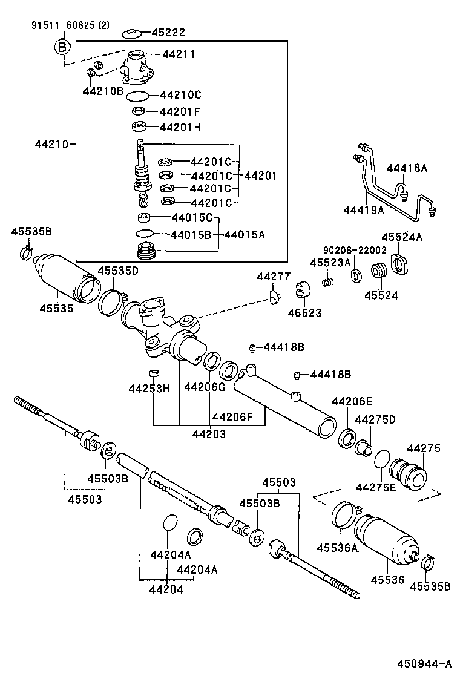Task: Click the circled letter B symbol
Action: [x=62, y=47]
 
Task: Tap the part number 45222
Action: [x=168, y=33]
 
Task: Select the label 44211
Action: [x=179, y=54]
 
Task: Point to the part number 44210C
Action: [x=180, y=95]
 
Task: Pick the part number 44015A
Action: [x=246, y=234]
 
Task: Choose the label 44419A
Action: [x=364, y=211]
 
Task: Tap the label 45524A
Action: [x=402, y=237]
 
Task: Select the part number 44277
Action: [x=274, y=276]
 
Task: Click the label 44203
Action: [x=209, y=434]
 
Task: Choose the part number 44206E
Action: [x=352, y=401]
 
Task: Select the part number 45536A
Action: [x=338, y=548]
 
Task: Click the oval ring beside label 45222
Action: [x=131, y=33]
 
